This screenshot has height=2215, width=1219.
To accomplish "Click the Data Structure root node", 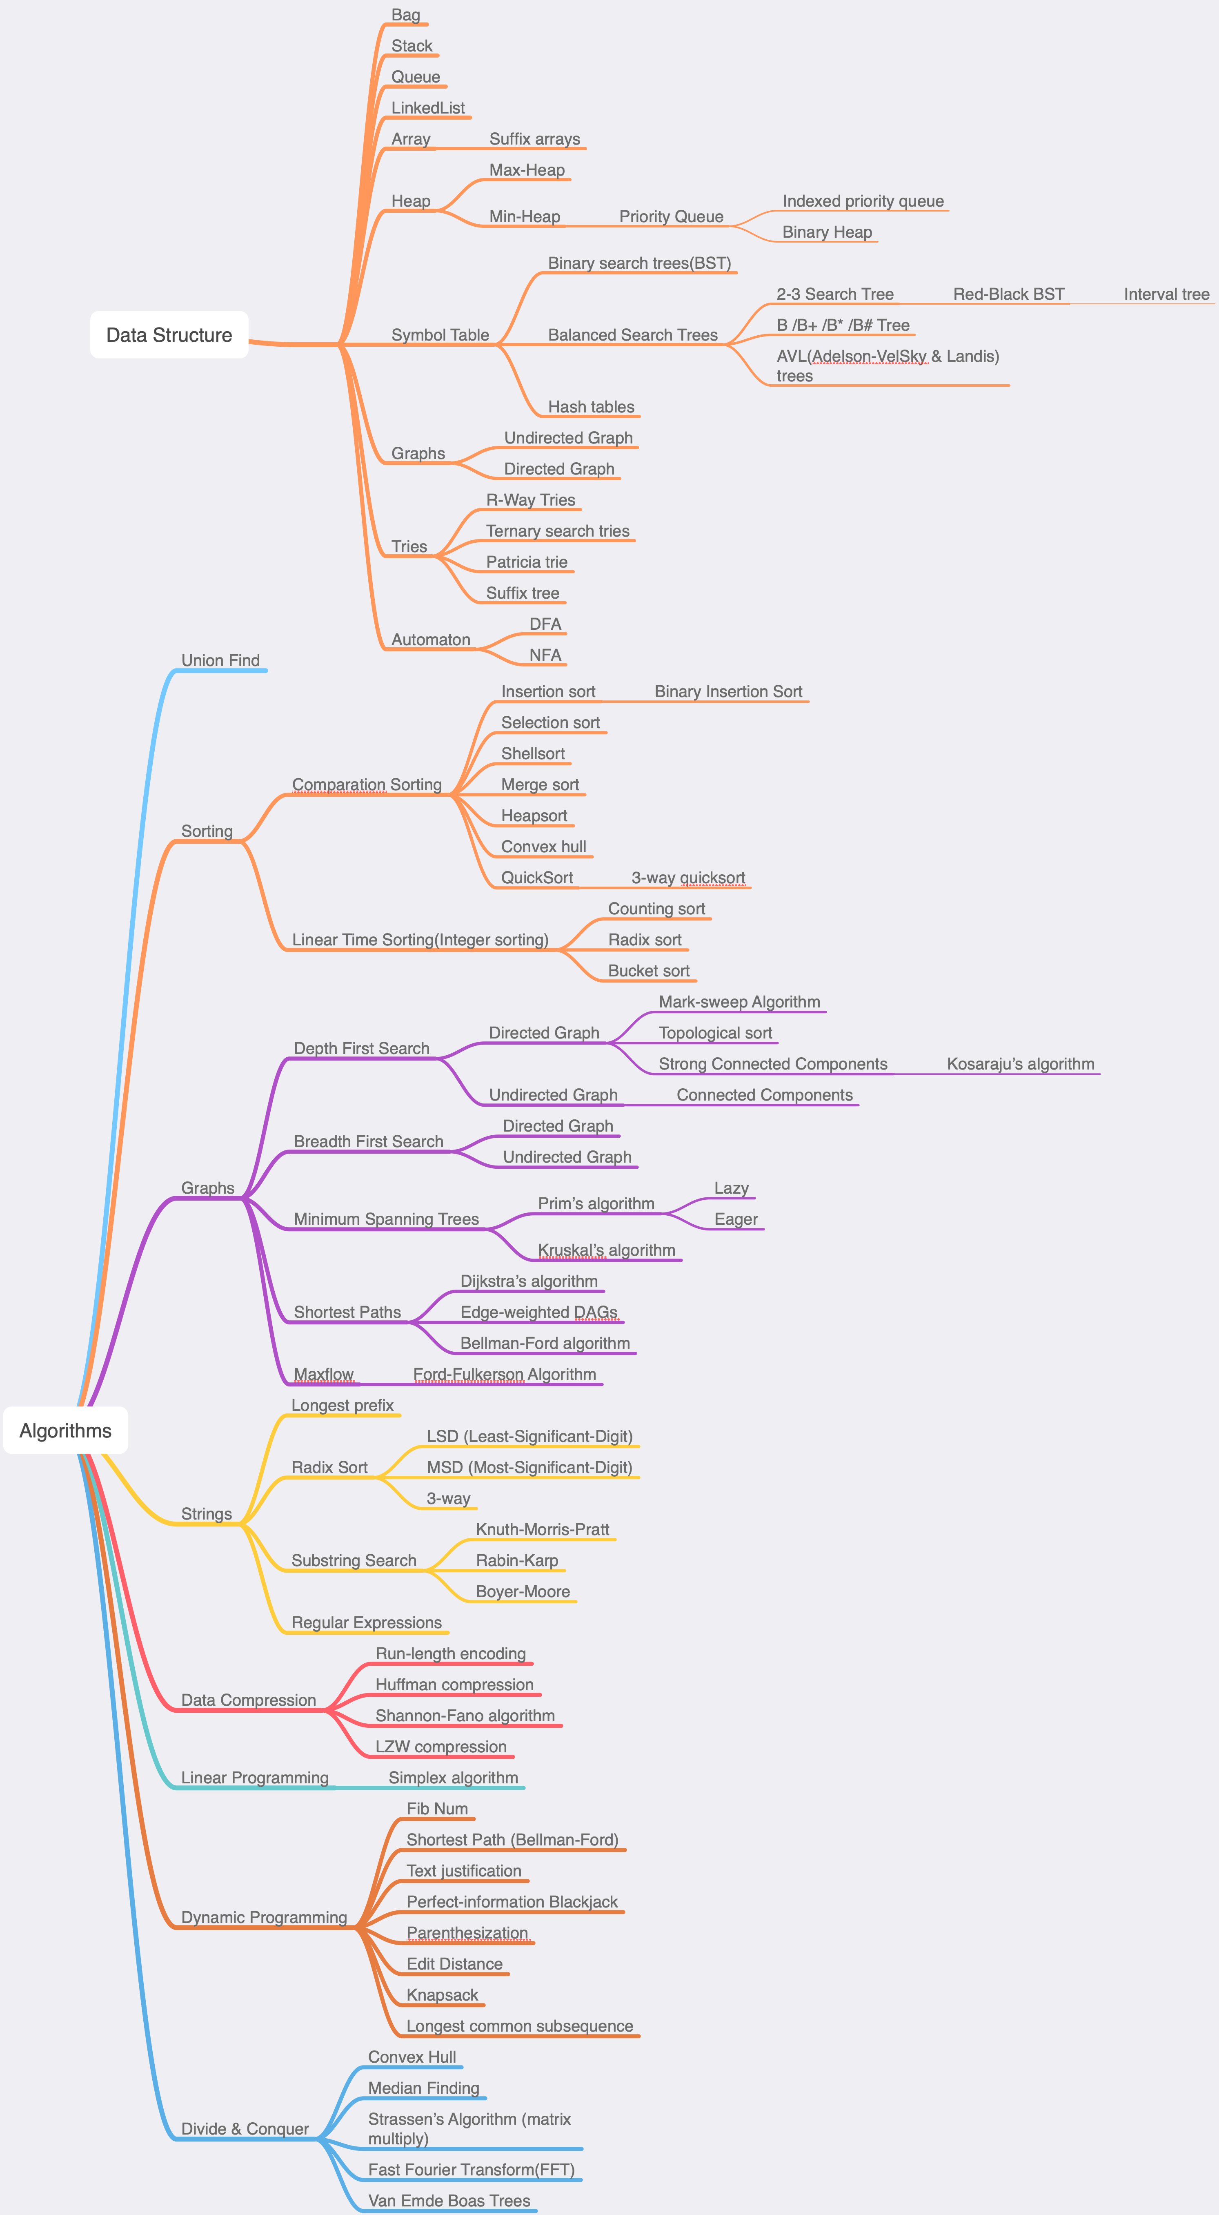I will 169,335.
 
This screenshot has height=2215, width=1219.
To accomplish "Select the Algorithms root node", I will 65,1431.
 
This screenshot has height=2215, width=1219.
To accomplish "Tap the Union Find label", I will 220,660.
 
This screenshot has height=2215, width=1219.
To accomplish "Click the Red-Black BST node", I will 1008,294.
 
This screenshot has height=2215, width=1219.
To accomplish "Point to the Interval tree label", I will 1166,294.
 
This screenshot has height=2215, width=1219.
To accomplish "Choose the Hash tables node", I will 591,407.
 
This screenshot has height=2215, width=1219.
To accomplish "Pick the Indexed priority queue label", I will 862,201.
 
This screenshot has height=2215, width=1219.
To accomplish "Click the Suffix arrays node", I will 534,139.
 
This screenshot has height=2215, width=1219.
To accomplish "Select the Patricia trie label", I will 526,562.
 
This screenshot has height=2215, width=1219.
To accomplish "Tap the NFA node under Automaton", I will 545,655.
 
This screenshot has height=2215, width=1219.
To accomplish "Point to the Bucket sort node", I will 648,971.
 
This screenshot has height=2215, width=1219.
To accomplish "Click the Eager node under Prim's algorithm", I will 736,1219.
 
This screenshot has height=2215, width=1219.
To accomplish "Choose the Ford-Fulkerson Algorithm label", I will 505,1374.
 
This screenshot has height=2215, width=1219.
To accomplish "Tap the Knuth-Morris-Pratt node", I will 543,1530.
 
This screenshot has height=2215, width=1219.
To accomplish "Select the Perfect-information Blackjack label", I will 512,1902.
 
